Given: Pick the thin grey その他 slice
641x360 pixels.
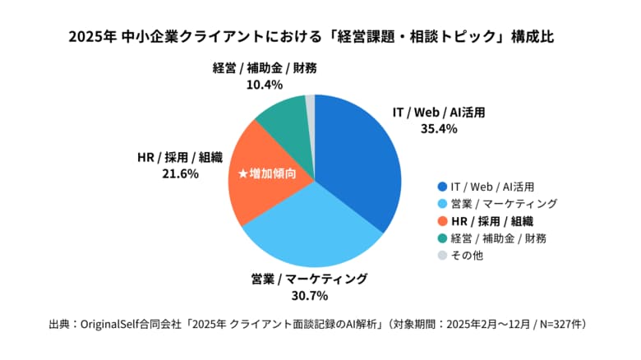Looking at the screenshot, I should (311, 104).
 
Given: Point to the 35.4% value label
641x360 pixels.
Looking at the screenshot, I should (436, 127).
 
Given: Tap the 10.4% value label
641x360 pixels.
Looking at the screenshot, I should (265, 84).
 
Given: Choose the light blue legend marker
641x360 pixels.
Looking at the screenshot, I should (443, 204).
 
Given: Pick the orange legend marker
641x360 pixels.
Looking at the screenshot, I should (443, 220).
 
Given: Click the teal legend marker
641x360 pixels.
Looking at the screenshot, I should (443, 238).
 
